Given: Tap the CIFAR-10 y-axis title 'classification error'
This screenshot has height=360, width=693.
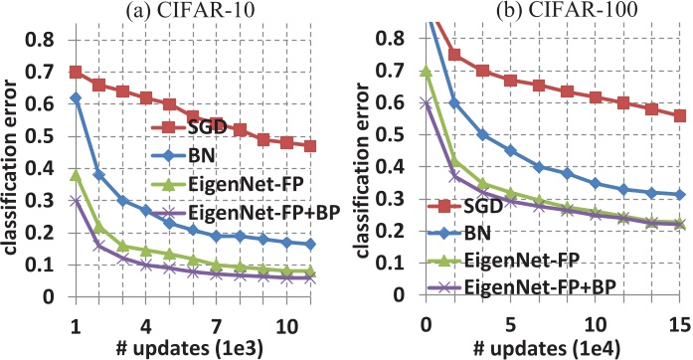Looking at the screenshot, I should point(12,169).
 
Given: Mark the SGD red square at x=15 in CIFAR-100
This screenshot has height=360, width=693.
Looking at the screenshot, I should point(680,116).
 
